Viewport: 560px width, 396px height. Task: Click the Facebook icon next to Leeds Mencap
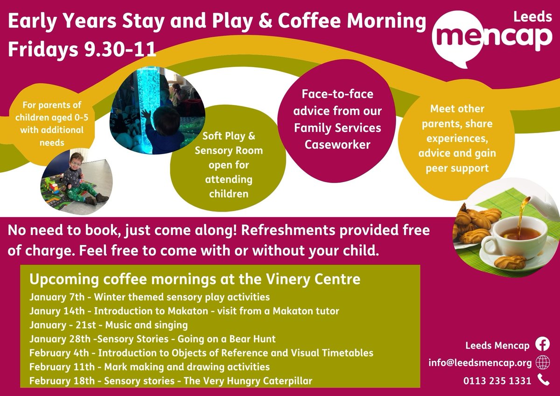coord(543,344)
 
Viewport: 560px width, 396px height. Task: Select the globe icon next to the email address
coord(543,362)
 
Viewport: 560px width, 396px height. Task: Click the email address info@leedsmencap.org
coord(480,363)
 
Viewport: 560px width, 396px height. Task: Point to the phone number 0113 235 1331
coord(497,381)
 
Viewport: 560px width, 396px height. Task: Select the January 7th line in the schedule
coord(149,297)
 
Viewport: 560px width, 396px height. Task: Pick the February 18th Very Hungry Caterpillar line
coord(170,381)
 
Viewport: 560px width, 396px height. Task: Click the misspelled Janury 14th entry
coord(184,311)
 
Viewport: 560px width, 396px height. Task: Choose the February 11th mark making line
coord(149,367)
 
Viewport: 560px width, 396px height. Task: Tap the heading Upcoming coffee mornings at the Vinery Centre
coord(195,279)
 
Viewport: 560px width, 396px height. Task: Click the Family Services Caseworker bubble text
coord(337,119)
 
